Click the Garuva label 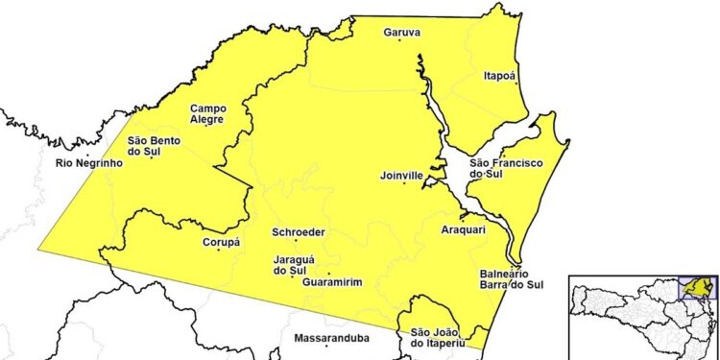click(402, 33)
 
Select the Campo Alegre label click(207, 114)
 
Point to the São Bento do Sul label click(152, 147)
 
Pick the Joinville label click(401, 177)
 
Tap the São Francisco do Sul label click(500, 170)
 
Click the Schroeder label click(298, 232)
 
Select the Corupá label click(221, 243)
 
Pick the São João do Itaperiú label click(438, 338)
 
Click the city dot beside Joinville click(404, 184)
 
